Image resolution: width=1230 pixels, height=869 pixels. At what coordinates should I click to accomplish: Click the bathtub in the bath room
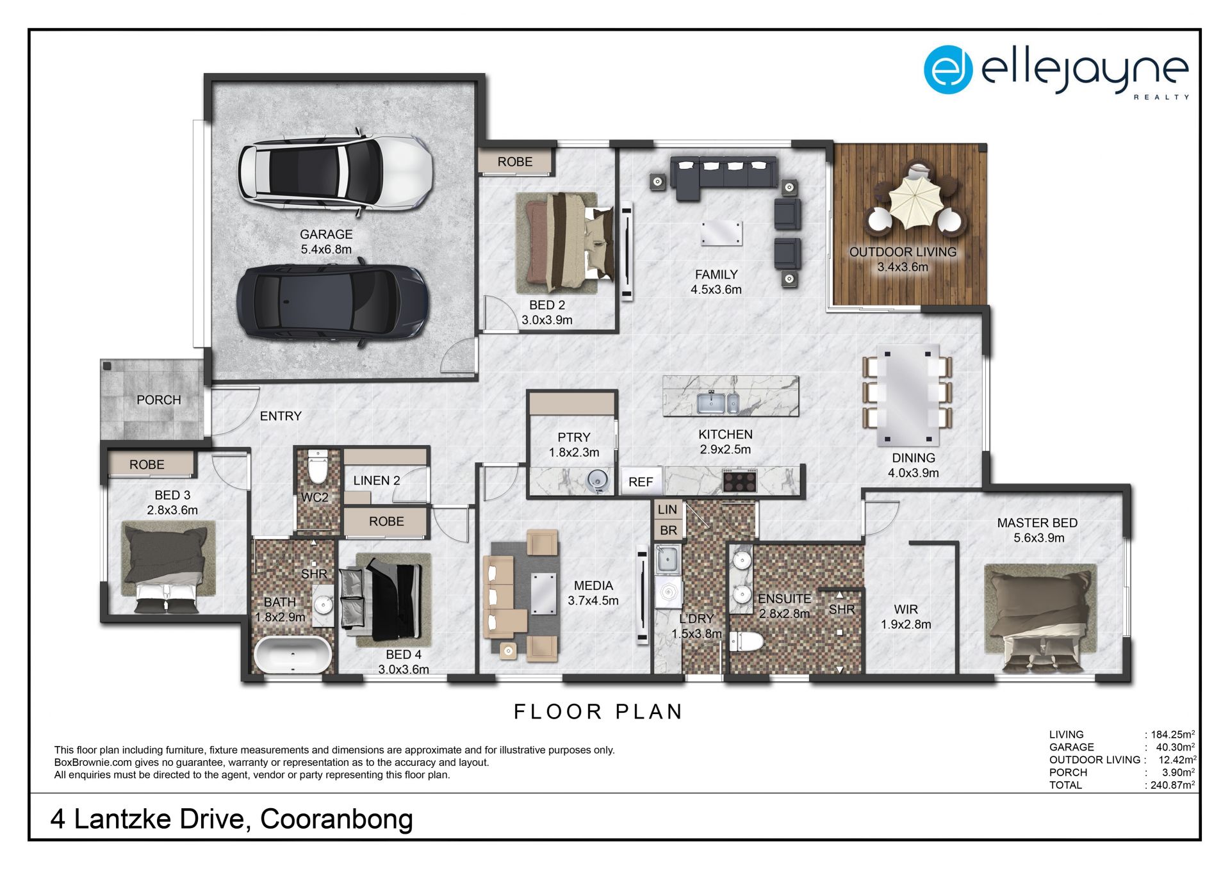(293, 654)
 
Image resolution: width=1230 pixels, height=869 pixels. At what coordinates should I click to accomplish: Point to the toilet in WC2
(317, 467)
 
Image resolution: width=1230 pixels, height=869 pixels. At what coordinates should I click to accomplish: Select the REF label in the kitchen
(641, 482)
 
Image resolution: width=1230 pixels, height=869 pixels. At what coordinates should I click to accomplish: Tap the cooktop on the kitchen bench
(740, 480)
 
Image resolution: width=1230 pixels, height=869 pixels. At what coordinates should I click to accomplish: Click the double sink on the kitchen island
(717, 403)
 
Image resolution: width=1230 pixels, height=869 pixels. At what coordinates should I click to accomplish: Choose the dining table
(907, 394)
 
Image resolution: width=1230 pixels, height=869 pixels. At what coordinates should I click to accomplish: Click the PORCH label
(159, 400)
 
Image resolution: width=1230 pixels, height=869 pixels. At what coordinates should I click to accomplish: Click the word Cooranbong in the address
(336, 819)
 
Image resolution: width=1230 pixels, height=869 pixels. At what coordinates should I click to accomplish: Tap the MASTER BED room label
(1037, 523)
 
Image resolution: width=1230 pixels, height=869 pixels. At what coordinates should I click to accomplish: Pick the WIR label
(906, 609)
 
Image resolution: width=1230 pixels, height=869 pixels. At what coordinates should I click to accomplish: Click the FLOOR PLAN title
(598, 711)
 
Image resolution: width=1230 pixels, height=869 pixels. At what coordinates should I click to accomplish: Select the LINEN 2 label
(377, 480)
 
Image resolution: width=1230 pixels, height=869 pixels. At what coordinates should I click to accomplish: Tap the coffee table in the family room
(722, 234)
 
